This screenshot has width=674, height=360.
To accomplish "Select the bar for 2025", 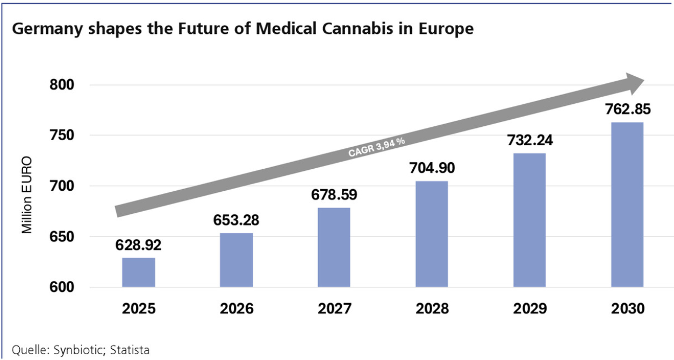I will click(139, 272).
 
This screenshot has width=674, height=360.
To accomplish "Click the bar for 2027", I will click(334, 247).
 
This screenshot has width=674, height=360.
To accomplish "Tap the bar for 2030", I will click(627, 205).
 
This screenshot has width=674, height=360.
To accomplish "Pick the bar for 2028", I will click(432, 234).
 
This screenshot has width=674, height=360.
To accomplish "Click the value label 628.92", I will click(139, 246).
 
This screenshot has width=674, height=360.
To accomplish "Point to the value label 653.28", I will click(236, 220).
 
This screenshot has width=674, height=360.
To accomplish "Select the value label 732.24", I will click(529, 141).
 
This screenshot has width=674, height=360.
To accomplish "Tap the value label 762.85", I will click(627, 110).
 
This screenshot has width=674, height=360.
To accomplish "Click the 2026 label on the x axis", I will click(236, 309).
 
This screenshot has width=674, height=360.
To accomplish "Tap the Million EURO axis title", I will click(27, 195).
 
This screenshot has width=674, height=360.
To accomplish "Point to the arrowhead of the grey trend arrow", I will click(634, 82).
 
